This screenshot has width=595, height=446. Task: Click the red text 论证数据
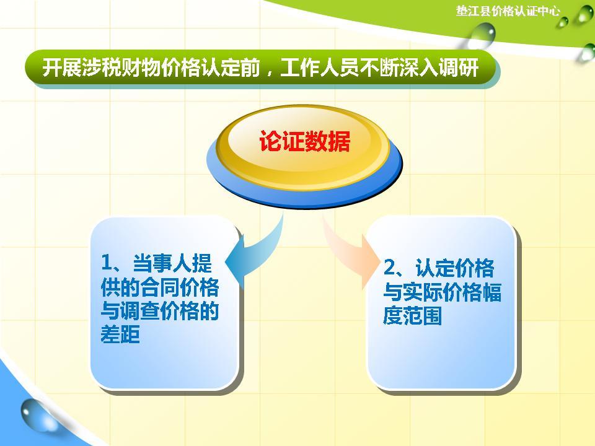(x=304, y=142)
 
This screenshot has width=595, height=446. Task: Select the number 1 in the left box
(x=106, y=263)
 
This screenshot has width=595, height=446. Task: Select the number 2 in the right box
(x=389, y=268)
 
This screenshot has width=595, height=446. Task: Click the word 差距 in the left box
(x=120, y=334)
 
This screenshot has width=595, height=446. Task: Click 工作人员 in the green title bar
(x=319, y=68)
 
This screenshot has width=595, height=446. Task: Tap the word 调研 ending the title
(x=463, y=68)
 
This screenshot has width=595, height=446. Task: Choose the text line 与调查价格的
(x=159, y=311)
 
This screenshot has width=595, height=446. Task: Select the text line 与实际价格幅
(x=442, y=292)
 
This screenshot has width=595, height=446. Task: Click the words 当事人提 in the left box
(x=172, y=263)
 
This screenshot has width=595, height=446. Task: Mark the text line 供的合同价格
(x=159, y=287)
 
